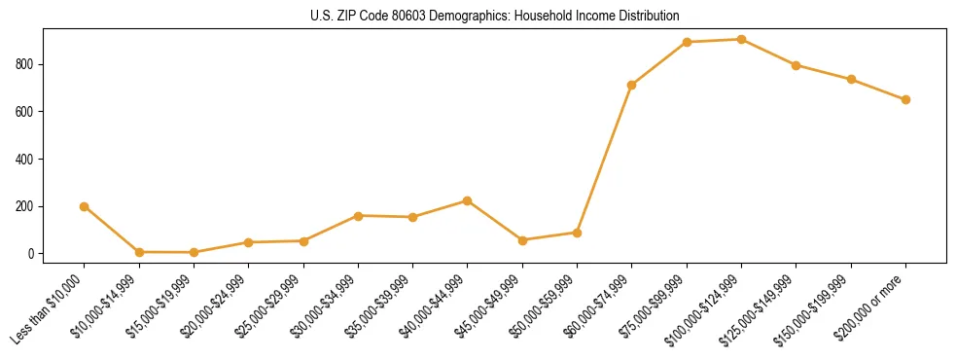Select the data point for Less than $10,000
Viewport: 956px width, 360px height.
point(85,206)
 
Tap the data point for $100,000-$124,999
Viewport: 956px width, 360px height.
point(741,40)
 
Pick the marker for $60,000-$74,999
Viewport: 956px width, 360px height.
point(632,86)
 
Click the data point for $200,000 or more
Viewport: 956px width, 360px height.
point(905,99)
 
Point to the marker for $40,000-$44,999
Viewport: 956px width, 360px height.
point(468,200)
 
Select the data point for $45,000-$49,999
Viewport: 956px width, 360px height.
point(522,240)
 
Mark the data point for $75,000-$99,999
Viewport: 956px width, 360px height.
point(687,43)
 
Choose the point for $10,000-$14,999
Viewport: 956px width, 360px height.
point(139,252)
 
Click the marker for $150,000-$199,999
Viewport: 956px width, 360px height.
point(851,80)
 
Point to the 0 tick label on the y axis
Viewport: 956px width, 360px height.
point(31,254)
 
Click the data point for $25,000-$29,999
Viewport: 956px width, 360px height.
point(303,241)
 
